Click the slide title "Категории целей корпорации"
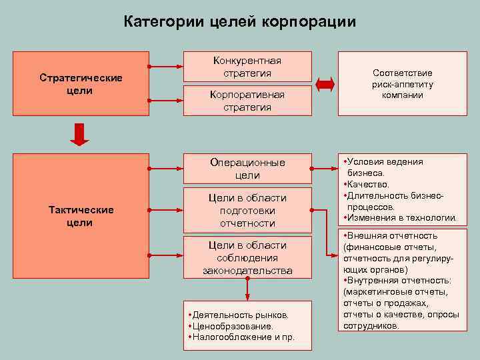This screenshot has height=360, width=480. tap(240, 21)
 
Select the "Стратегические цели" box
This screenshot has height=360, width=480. tap(81, 83)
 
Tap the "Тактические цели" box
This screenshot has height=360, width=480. tap(81, 216)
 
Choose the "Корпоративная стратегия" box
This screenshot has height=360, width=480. tap(247, 101)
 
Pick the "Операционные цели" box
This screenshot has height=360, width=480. tap(247, 169)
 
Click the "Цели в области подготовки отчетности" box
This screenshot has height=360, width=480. tap(247, 210)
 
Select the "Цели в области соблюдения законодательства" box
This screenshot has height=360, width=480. tap(247, 258)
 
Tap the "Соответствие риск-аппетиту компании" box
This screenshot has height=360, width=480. tap(402, 84)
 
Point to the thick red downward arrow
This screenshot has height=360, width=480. tap(81, 135)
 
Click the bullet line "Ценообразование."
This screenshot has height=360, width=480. tap(233, 326)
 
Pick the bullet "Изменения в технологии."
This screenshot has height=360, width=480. tap(401, 218)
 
